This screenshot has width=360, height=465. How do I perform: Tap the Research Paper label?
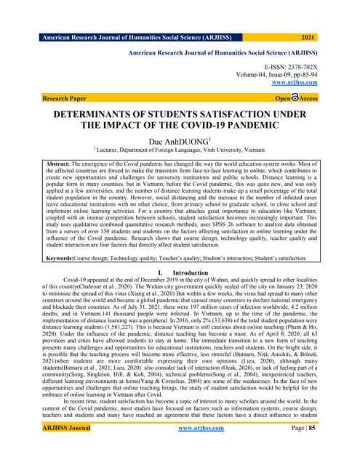click(x=65, y=97)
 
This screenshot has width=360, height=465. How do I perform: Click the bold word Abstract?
click(x=63, y=166)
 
